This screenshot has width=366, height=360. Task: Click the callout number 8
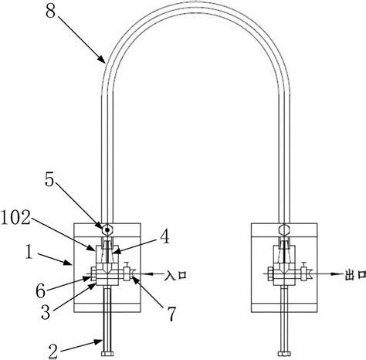(x=50, y=12)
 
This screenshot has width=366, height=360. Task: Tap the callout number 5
(x=49, y=179)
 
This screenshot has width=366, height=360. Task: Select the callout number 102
(x=15, y=218)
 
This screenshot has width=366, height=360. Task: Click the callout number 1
(x=29, y=252)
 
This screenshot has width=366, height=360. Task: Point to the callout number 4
(x=164, y=236)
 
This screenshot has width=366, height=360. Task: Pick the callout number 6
(x=41, y=291)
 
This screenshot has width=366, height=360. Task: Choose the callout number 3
(x=46, y=313)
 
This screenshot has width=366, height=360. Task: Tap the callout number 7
(x=171, y=314)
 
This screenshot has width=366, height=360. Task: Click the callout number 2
(x=53, y=352)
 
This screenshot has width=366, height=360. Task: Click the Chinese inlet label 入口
(x=175, y=275)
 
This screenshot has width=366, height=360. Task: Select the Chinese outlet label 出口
(x=355, y=275)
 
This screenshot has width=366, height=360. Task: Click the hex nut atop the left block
(x=107, y=229)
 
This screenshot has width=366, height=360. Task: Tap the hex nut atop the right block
(x=284, y=229)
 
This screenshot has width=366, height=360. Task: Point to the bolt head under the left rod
(x=107, y=354)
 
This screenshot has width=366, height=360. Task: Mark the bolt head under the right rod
(x=284, y=354)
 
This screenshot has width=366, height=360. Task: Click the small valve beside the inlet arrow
(x=127, y=272)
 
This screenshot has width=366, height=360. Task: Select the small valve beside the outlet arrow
(x=303, y=272)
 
